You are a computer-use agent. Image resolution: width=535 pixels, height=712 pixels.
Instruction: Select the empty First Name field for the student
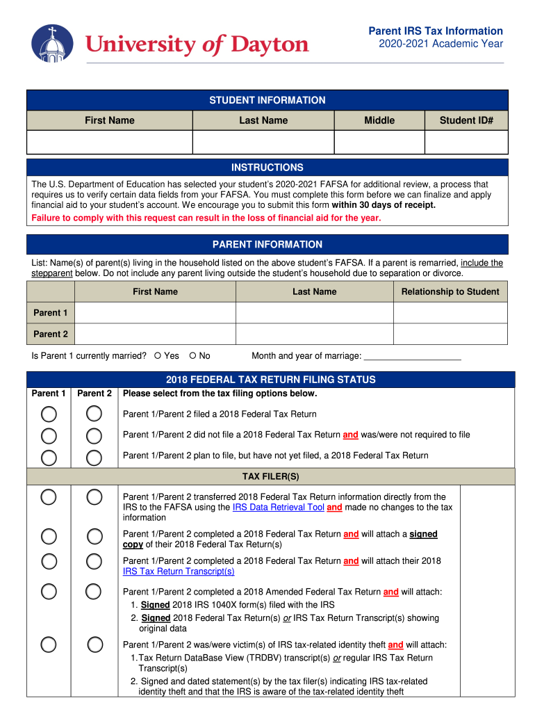tap(109, 143)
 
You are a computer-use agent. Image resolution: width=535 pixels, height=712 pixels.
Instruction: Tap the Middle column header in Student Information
tap(379, 120)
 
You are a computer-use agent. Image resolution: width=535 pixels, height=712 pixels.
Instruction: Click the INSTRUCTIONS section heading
tap(267, 168)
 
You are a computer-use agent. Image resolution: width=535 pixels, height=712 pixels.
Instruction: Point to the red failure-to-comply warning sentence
tap(206, 218)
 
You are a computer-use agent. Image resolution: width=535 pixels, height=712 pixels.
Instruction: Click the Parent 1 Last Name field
tap(314, 313)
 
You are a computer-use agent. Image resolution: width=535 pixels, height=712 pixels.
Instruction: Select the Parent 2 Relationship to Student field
tap(450, 334)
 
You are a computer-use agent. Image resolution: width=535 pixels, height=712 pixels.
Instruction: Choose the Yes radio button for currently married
tap(158, 356)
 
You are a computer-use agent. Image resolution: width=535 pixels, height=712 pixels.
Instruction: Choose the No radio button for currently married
tap(192, 356)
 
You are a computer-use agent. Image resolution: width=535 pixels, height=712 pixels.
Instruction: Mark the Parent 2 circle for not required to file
tap(94, 436)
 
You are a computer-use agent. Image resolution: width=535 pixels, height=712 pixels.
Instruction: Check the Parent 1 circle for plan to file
tap(49, 457)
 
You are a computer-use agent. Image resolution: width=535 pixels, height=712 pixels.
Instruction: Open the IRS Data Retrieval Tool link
tap(278, 508)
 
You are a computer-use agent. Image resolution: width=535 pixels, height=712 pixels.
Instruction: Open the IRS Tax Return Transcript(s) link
tap(179, 572)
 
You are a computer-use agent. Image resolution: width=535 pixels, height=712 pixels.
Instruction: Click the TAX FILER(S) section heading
tap(270, 476)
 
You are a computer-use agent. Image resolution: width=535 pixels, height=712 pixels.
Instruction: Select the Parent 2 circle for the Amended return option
tap(94, 592)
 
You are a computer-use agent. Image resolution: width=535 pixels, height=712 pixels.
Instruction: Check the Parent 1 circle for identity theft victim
tap(49, 645)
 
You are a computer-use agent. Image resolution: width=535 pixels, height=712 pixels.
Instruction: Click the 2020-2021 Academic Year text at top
tap(441, 44)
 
